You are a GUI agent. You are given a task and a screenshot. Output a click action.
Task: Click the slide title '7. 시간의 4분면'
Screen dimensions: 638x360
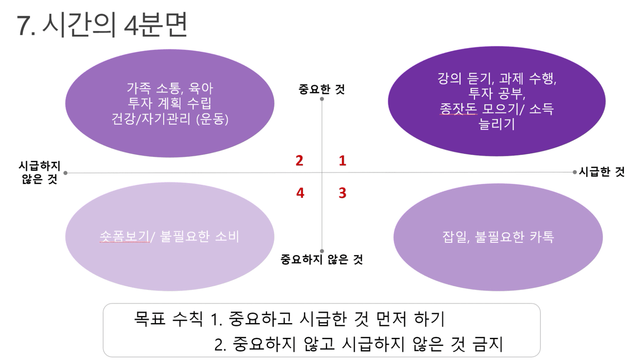pos(102,25)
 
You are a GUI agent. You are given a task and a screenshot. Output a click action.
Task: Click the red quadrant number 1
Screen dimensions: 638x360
pos(343,161)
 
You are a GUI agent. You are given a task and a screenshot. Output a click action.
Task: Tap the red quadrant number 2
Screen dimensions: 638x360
pos(299,161)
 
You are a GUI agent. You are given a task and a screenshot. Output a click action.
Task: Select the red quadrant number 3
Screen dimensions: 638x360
pos(343,193)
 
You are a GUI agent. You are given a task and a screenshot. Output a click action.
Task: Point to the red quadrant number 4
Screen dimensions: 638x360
pos(300,193)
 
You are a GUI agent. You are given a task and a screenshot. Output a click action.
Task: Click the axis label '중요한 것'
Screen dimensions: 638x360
pos(322,89)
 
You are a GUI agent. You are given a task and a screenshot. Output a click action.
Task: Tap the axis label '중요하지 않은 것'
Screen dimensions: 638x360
pos(322,259)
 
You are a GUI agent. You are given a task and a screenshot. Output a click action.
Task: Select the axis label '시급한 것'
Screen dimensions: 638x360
pos(601,172)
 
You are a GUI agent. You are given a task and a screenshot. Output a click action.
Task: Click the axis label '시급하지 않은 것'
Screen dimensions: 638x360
pos(40,172)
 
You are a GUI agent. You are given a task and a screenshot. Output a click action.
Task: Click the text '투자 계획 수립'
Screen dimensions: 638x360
pos(170,103)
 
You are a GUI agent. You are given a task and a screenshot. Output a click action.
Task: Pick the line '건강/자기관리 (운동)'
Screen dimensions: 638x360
pos(170,119)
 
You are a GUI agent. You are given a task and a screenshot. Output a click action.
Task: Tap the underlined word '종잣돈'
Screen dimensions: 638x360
pos(458,108)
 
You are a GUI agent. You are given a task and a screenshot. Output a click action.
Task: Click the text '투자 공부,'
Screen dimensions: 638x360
pos(497,93)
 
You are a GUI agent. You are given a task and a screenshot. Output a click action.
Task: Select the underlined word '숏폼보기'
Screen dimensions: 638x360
pos(125,236)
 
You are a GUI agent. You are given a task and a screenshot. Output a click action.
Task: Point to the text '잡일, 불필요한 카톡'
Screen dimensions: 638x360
pos(498,237)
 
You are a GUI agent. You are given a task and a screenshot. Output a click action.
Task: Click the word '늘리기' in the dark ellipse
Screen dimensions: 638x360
pos(496,124)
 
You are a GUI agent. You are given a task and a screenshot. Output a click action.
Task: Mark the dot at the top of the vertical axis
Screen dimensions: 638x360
pos(322,99)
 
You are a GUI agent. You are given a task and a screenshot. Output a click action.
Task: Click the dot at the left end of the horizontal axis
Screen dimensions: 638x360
pos(65,173)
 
